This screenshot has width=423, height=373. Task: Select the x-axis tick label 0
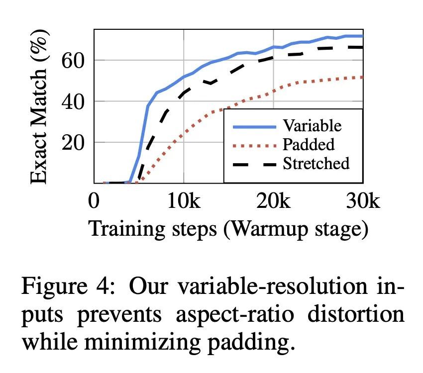point(94,201)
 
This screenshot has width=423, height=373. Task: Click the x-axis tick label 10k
point(184,201)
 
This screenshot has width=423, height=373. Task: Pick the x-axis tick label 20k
point(273,201)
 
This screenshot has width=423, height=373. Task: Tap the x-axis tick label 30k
point(362,201)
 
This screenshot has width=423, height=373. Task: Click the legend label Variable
point(312,125)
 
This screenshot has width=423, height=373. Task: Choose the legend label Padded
point(309,144)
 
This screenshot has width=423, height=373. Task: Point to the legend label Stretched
point(316,163)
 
